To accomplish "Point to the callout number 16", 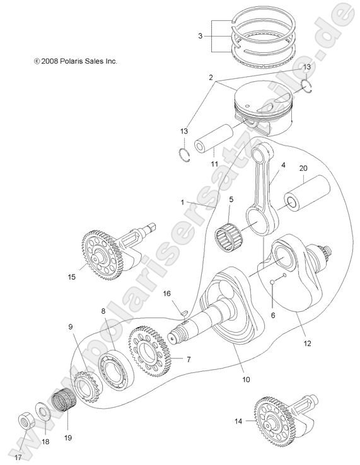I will click(167, 294).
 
